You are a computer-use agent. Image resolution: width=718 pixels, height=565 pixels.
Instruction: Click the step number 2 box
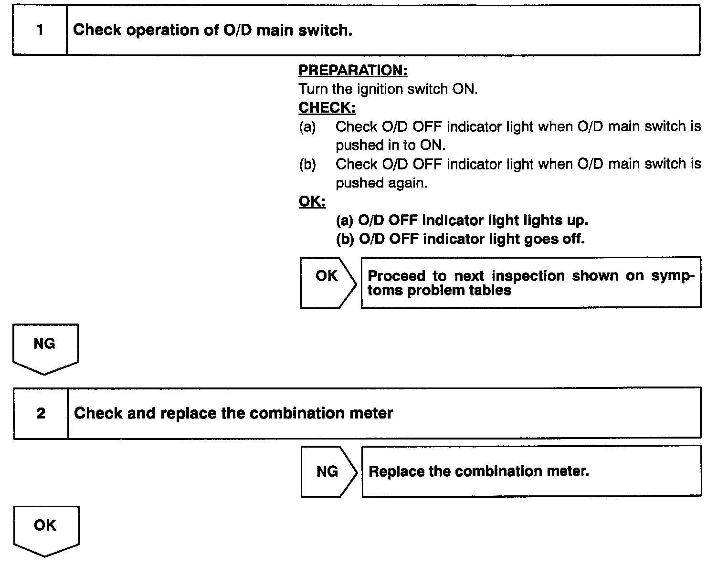tap(41, 413)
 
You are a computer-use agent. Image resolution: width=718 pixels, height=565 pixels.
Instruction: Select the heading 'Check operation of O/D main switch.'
tap(212, 31)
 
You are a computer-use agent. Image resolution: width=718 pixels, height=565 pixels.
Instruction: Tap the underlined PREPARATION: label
tap(353, 71)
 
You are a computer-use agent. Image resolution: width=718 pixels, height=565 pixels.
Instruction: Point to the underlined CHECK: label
tap(327, 108)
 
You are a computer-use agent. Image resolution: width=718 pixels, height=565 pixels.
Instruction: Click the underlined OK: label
tap(312, 202)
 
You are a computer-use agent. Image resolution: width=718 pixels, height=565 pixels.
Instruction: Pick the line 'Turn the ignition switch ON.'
tap(388, 89)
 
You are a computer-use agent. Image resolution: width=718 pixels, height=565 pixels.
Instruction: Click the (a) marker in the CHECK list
tap(307, 127)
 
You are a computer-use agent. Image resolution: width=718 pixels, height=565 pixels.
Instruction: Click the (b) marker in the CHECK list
tap(307, 165)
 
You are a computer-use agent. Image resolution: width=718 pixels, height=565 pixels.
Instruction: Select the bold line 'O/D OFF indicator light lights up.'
tap(462, 220)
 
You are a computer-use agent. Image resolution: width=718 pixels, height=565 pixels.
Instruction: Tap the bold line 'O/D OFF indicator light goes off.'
tap(460, 239)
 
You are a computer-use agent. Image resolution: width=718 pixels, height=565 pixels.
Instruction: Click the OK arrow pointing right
tap(327, 282)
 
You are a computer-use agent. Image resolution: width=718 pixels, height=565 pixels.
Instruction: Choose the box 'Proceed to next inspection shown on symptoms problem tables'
tap(530, 282)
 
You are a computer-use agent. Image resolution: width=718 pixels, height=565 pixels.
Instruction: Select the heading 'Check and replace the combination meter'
tap(233, 413)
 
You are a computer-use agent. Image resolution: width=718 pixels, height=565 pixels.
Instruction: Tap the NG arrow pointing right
tap(328, 471)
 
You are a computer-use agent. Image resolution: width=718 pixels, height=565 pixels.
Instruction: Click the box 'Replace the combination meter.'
tap(531, 471)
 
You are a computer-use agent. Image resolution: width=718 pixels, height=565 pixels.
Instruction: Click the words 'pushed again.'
tap(381, 183)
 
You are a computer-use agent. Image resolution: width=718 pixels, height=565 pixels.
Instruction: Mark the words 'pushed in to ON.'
tap(390, 146)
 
